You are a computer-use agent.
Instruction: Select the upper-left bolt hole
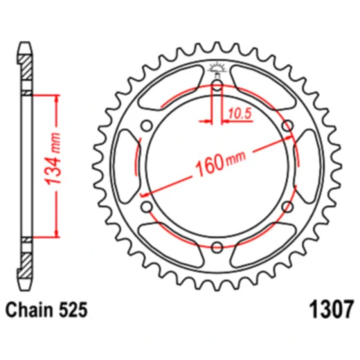147,125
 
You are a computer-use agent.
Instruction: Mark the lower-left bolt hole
147,206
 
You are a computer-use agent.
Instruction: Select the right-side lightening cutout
306,166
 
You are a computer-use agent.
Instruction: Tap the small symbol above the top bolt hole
216,69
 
